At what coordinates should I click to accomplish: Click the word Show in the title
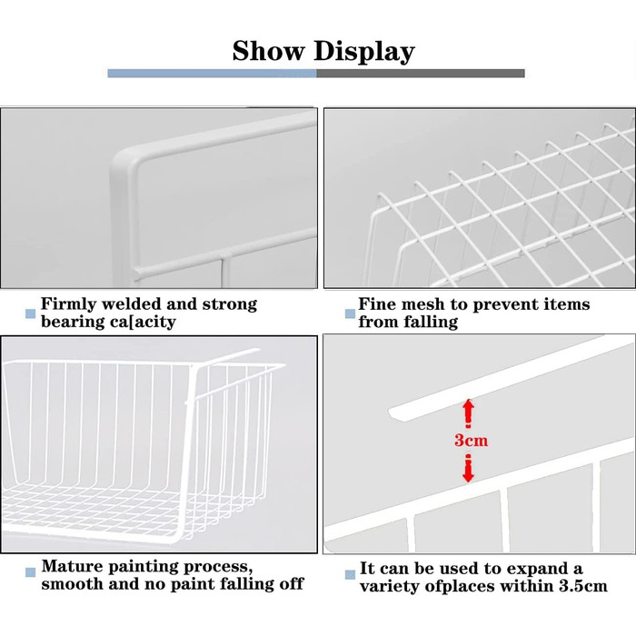click(268, 51)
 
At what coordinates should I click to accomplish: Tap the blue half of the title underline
click(212, 73)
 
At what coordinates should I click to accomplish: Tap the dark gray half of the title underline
click(421, 73)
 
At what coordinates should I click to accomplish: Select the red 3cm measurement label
click(471, 440)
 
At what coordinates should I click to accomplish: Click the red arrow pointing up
click(469, 413)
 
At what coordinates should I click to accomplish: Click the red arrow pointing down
click(469, 469)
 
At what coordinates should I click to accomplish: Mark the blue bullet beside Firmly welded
click(30, 313)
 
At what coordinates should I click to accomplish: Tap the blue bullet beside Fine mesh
click(350, 313)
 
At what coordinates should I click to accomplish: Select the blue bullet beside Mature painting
click(30, 572)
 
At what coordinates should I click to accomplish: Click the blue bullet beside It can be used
click(350, 575)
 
